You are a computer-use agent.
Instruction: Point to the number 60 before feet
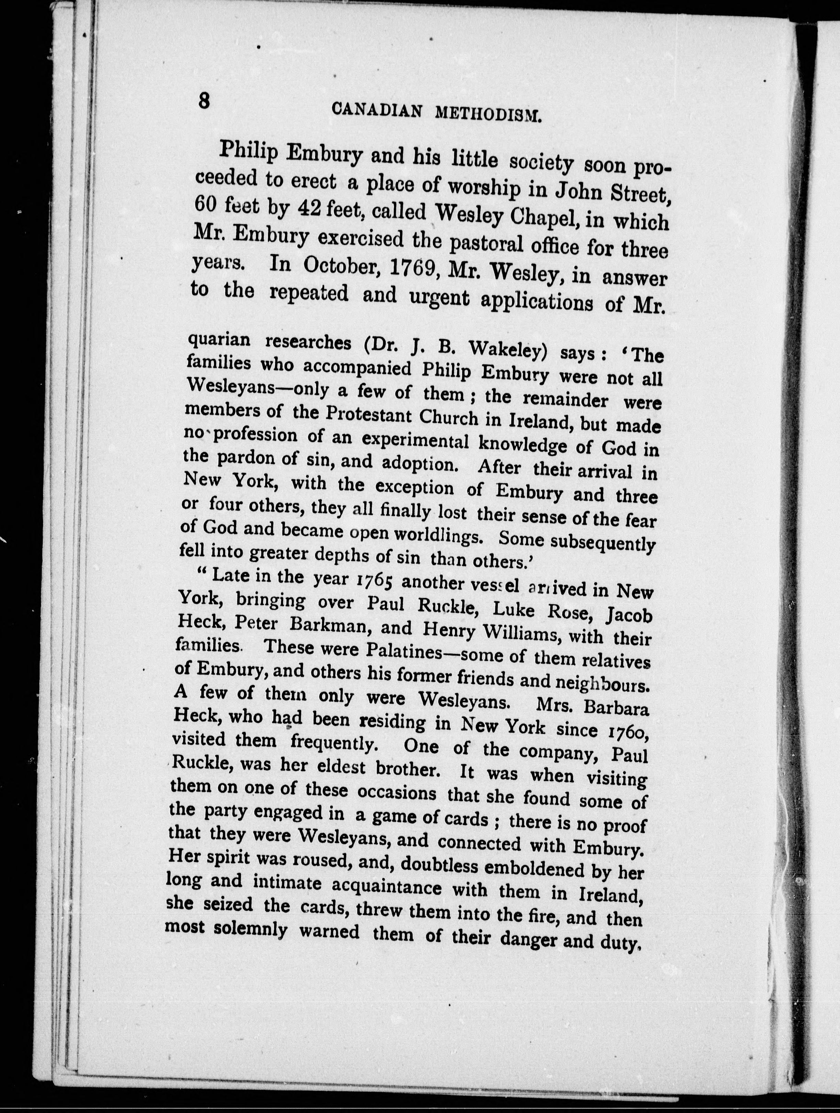tap(205, 204)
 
